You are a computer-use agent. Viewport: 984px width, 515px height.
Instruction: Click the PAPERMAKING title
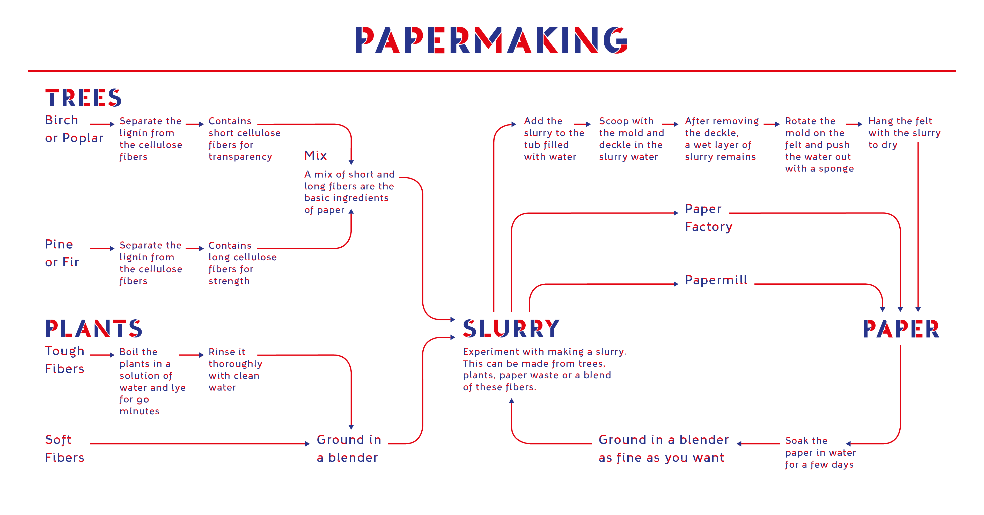point(491,40)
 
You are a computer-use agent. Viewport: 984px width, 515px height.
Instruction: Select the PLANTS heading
point(94,329)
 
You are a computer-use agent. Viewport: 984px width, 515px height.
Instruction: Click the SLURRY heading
point(511,329)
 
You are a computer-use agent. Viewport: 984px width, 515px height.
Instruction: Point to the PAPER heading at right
point(901,329)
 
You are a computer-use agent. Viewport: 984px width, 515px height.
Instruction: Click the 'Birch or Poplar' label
point(74,129)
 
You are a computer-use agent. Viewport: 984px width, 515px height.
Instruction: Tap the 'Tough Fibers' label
point(64,359)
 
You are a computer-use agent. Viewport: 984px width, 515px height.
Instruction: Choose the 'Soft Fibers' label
point(64,448)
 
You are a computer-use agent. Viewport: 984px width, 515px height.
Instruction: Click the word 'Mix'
point(315,156)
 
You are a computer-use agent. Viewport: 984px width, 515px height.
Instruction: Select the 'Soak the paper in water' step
point(820,452)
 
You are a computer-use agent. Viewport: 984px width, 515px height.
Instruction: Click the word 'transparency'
point(240,157)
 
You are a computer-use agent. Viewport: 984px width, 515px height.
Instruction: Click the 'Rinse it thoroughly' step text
point(235,370)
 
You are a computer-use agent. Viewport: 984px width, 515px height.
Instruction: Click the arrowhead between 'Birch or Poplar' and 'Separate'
point(112,124)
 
